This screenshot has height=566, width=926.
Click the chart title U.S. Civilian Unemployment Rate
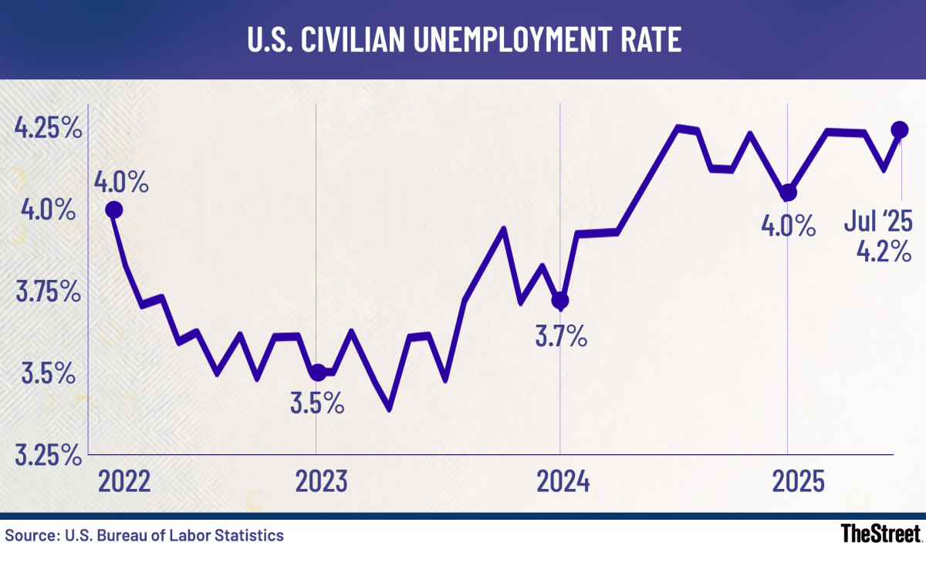point(463,40)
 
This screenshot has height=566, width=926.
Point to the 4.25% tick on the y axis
point(48,129)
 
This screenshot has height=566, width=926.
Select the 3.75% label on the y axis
point(48,292)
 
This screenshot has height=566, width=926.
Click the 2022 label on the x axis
point(126,483)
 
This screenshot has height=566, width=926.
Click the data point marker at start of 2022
point(113,210)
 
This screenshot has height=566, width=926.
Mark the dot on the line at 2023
point(316,372)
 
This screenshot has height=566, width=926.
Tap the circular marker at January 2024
point(560,300)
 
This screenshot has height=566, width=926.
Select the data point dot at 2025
point(787,193)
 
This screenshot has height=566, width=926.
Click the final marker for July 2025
point(900,129)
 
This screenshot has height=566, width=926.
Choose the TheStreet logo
point(880,534)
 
